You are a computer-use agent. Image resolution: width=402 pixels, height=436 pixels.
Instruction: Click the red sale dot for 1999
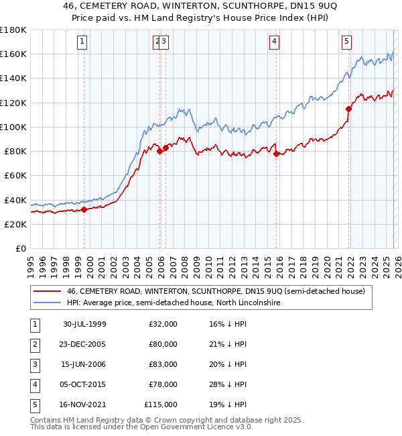(x=84, y=209)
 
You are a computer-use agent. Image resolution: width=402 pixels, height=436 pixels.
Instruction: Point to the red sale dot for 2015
(x=276, y=154)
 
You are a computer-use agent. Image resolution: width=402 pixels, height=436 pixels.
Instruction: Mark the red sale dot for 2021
(x=348, y=109)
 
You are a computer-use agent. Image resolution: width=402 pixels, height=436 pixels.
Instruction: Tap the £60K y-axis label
(x=15, y=175)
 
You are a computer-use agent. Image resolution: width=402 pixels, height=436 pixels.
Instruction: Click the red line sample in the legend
(x=47, y=292)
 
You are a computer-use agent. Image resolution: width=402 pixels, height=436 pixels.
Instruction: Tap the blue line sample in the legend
(x=47, y=303)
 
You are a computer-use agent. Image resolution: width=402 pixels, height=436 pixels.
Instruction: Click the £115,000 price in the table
(x=161, y=404)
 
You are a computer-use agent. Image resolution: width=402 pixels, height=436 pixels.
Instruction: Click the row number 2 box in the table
(x=34, y=344)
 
